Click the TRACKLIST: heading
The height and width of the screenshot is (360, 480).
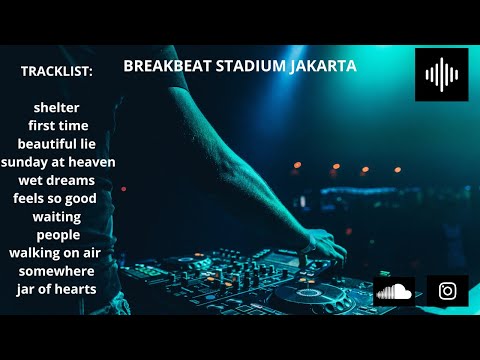pos(56,72)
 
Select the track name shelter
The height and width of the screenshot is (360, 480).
pos(56,107)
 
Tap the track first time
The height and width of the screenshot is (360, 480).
pos(58,125)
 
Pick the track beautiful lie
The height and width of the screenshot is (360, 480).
pos(57,143)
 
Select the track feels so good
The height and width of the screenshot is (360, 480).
pos(55,198)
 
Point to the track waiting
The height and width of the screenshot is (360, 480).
pos(57,216)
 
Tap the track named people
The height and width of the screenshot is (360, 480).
pos(57,234)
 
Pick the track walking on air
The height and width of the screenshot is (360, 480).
pos(55,252)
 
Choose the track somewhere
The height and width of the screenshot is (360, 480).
pos(57,270)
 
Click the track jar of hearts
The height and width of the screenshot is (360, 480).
pos(57,289)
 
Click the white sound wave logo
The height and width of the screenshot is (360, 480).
pos(441,74)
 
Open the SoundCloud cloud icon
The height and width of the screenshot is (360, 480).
pos(394,291)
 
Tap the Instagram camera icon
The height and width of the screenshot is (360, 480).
pos(448,291)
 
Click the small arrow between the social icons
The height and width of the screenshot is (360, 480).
pos(420,293)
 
